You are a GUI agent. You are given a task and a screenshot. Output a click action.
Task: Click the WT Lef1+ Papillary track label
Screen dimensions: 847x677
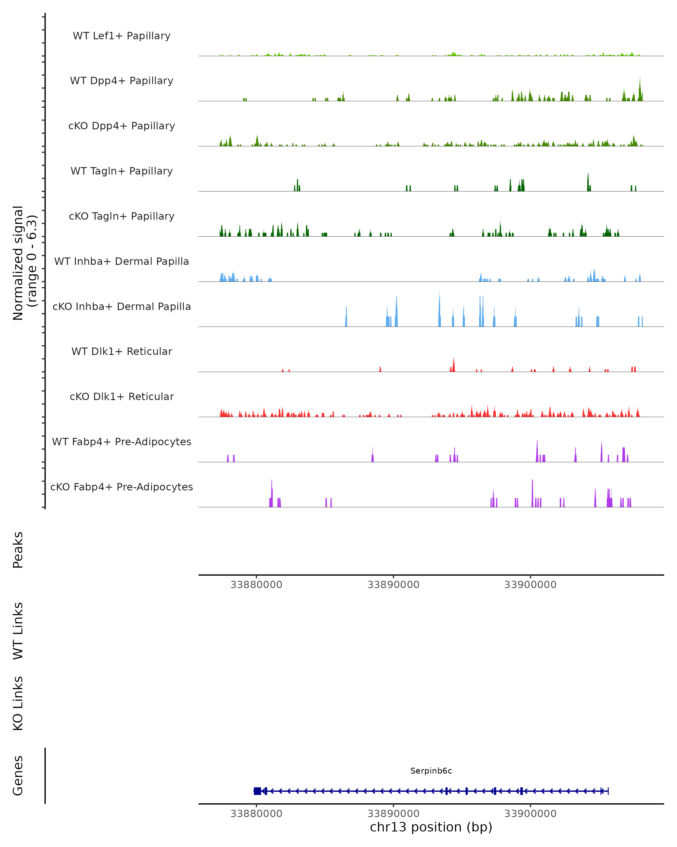coord(122,36)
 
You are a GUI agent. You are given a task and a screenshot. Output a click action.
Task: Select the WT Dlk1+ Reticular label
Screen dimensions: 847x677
coord(122,351)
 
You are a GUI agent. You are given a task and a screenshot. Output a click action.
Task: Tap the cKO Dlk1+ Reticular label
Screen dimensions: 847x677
coord(122,396)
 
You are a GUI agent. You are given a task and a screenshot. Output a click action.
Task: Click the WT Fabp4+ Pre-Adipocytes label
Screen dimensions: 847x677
coord(122,442)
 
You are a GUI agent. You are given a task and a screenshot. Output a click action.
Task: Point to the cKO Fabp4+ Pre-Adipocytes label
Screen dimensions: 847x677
coord(122,487)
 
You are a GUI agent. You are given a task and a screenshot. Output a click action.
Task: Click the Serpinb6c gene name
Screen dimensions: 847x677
coord(431,771)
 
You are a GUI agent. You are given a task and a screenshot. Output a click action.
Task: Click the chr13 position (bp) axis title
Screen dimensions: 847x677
coord(431,827)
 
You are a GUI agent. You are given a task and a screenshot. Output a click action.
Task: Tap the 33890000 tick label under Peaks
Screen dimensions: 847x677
coord(393,585)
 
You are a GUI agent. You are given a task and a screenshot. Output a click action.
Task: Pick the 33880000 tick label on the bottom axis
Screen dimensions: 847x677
coord(256,814)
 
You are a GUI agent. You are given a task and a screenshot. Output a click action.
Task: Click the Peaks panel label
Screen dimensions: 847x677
coord(18,550)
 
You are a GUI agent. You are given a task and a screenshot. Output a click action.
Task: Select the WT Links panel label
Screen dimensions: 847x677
coord(18,630)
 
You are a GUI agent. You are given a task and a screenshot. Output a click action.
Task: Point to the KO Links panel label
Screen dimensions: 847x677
coord(18,703)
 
